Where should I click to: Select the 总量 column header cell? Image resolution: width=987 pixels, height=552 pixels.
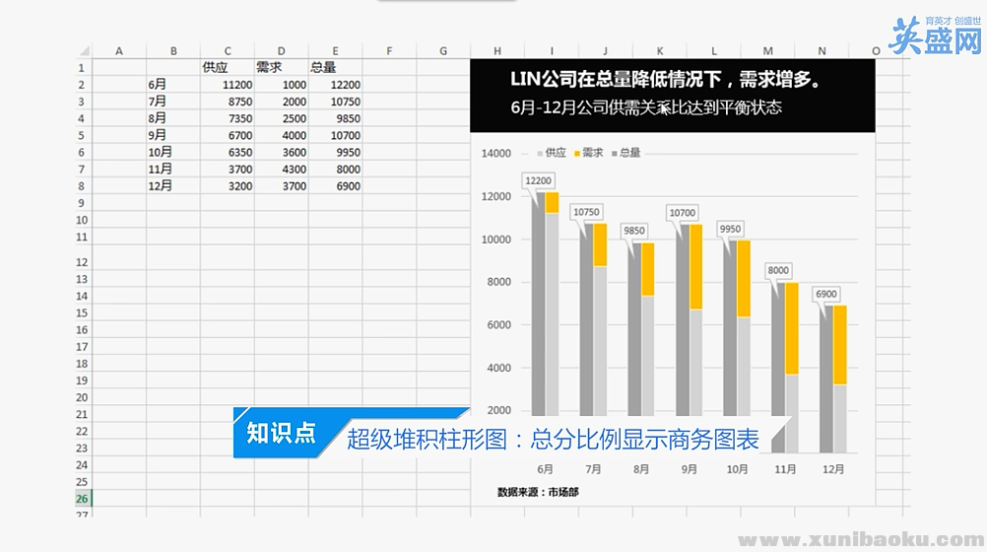tap(323, 68)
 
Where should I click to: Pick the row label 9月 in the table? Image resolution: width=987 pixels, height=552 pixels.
tap(158, 135)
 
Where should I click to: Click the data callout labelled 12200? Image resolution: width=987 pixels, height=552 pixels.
tap(538, 180)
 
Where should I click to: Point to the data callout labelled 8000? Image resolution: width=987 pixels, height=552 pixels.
tap(779, 270)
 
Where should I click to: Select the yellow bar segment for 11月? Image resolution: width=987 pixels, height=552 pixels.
tap(791, 328)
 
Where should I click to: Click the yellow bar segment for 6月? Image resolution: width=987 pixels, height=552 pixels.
tap(552, 202)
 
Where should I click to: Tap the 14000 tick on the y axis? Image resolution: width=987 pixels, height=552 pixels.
tap(496, 154)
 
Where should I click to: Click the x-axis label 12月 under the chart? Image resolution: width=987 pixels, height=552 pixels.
tap(833, 469)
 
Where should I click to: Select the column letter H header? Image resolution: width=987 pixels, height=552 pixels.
tap(497, 50)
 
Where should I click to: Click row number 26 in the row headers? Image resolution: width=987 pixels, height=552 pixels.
tap(82, 499)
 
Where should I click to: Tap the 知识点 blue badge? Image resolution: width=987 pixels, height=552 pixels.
tap(281, 433)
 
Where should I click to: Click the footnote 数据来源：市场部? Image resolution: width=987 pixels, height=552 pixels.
tap(538, 491)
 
